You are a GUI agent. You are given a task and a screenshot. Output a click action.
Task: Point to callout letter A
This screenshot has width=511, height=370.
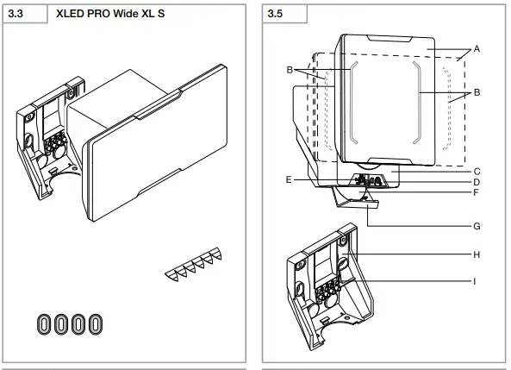(477, 50)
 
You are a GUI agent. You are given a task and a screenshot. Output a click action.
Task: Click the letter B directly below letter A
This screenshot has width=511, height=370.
(477, 91)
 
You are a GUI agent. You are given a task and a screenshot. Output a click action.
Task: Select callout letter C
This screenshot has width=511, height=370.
(477, 172)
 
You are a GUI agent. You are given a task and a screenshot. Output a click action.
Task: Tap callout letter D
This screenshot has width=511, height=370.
(477, 183)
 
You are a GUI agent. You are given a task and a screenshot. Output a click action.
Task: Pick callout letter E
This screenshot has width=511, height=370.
(288, 180)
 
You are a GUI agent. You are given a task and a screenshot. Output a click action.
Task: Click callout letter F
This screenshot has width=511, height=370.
(477, 194)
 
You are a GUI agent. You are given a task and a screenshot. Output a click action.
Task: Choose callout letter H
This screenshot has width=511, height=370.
(477, 254)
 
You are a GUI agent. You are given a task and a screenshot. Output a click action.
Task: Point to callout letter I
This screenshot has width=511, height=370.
(477, 281)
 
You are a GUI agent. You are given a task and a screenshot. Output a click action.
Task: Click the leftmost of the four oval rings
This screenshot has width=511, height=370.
(44, 323)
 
